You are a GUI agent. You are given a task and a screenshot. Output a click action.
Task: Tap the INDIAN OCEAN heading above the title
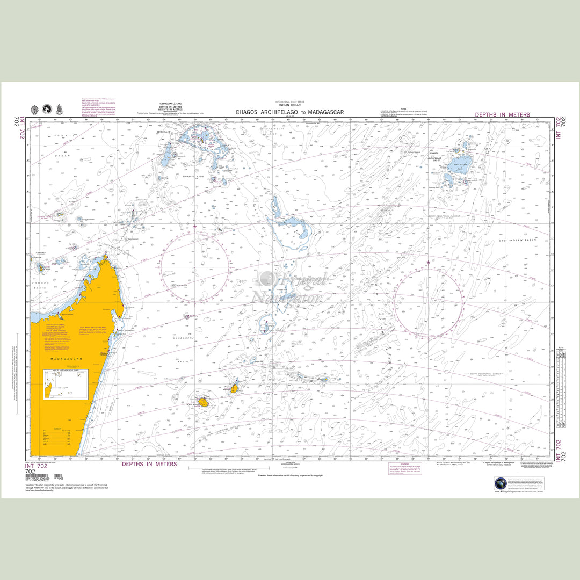coord(289,105)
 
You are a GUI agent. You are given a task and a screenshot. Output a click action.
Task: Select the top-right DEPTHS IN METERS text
coord(502,114)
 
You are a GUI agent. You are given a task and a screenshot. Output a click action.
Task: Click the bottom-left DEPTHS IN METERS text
coord(149,464)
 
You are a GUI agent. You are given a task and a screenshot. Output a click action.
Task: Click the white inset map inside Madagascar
coord(66,384)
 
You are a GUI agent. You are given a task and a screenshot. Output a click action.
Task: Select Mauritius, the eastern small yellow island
coord(235,387)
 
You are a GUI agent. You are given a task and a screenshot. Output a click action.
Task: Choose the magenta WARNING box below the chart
coord(403,468)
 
